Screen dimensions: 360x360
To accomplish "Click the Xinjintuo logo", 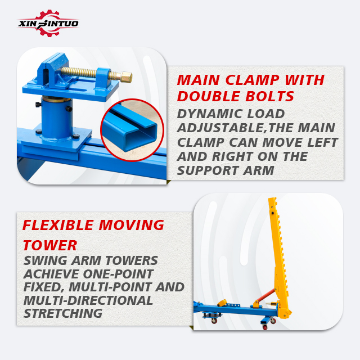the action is (48, 23).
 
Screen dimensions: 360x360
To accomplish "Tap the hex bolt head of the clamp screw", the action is (126, 77).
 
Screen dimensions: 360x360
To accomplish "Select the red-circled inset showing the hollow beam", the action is (132, 130).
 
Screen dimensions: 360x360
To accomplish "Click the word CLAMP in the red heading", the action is (253, 80).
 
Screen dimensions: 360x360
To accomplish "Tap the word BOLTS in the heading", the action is (270, 96).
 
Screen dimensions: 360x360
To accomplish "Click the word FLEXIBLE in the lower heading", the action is (58, 225).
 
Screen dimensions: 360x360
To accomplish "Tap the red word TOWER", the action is (50, 245).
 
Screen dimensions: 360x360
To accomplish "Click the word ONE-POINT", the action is (118, 274).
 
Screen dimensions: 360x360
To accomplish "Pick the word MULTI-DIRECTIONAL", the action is (88, 300).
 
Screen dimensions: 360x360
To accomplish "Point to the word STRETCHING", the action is (63, 313).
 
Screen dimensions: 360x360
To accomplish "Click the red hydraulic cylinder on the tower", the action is (265, 295).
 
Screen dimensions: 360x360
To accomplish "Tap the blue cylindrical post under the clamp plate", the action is (57, 118).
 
